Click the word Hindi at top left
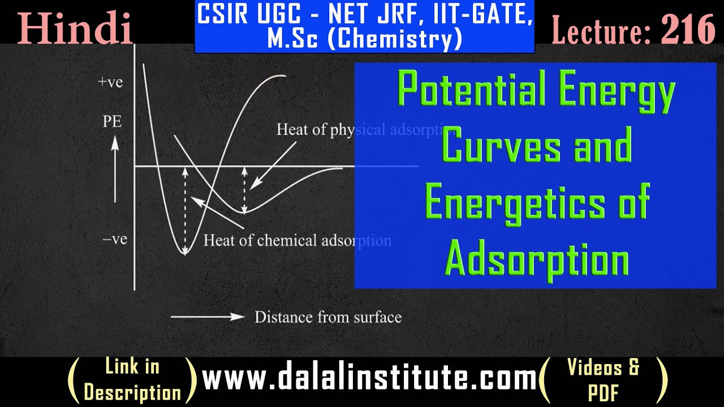tap(75, 29)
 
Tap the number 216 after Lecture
tap(687, 29)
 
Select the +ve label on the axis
tap(110, 83)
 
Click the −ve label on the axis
tap(114, 240)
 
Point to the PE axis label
tap(112, 122)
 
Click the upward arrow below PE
tap(115, 170)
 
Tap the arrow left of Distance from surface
tap(208, 317)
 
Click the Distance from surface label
tap(327, 317)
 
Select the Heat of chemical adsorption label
tap(297, 241)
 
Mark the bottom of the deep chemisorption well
tap(184, 253)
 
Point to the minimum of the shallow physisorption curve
tap(244, 213)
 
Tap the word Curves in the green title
tap(500, 145)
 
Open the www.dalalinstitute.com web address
tap(369, 378)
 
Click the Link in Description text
tap(132, 380)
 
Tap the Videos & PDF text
tap(603, 380)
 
